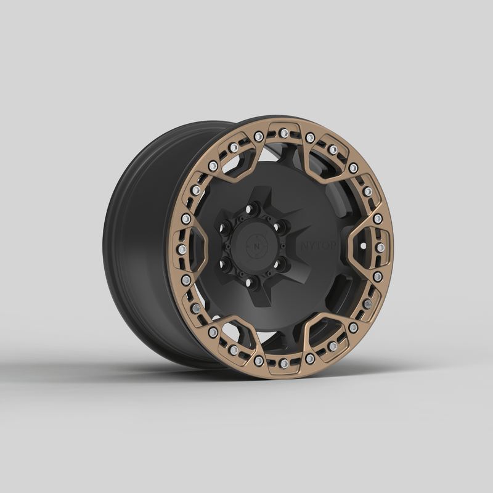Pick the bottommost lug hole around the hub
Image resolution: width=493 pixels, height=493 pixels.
pos(251,282)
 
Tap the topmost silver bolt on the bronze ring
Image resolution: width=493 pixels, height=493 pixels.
pos(284,133)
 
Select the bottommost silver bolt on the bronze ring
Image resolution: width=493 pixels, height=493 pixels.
pos(284,364)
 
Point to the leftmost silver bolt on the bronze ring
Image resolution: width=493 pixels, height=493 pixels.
pos(182,249)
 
